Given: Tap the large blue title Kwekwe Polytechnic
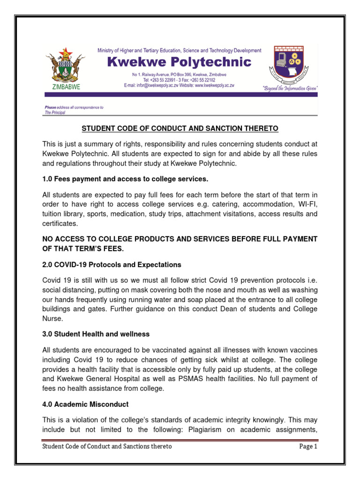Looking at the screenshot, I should click(179, 62).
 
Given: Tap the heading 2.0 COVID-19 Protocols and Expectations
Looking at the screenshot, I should click(112, 265).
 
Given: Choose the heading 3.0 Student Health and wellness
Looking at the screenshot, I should click(96, 334).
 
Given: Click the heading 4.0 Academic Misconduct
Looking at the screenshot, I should click(85, 404).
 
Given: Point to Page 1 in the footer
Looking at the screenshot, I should click(308, 446).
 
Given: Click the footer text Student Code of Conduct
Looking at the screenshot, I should click(107, 446).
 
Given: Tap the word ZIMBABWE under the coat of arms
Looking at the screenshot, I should click(65, 87).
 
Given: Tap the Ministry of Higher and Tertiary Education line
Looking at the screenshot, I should click(179, 50).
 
